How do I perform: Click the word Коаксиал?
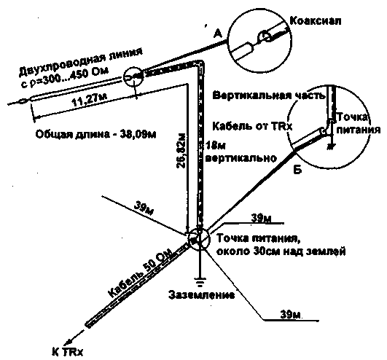coord(316,20)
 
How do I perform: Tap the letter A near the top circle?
coord(217,34)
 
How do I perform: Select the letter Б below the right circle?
coord(297,170)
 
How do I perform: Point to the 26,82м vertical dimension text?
coord(181,152)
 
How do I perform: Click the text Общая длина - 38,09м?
coord(95,135)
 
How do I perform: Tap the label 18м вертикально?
coord(241,152)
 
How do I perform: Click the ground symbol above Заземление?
coord(200,281)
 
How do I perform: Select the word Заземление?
coord(201,295)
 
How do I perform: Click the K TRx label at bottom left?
coord(68,351)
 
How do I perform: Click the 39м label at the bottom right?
coord(290,315)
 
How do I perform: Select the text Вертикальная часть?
coord(269,95)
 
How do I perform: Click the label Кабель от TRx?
coord(252,126)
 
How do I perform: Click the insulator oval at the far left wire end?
coord(23,101)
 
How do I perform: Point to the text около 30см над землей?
coord(281,251)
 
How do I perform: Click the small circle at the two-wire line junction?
coord(133,77)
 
